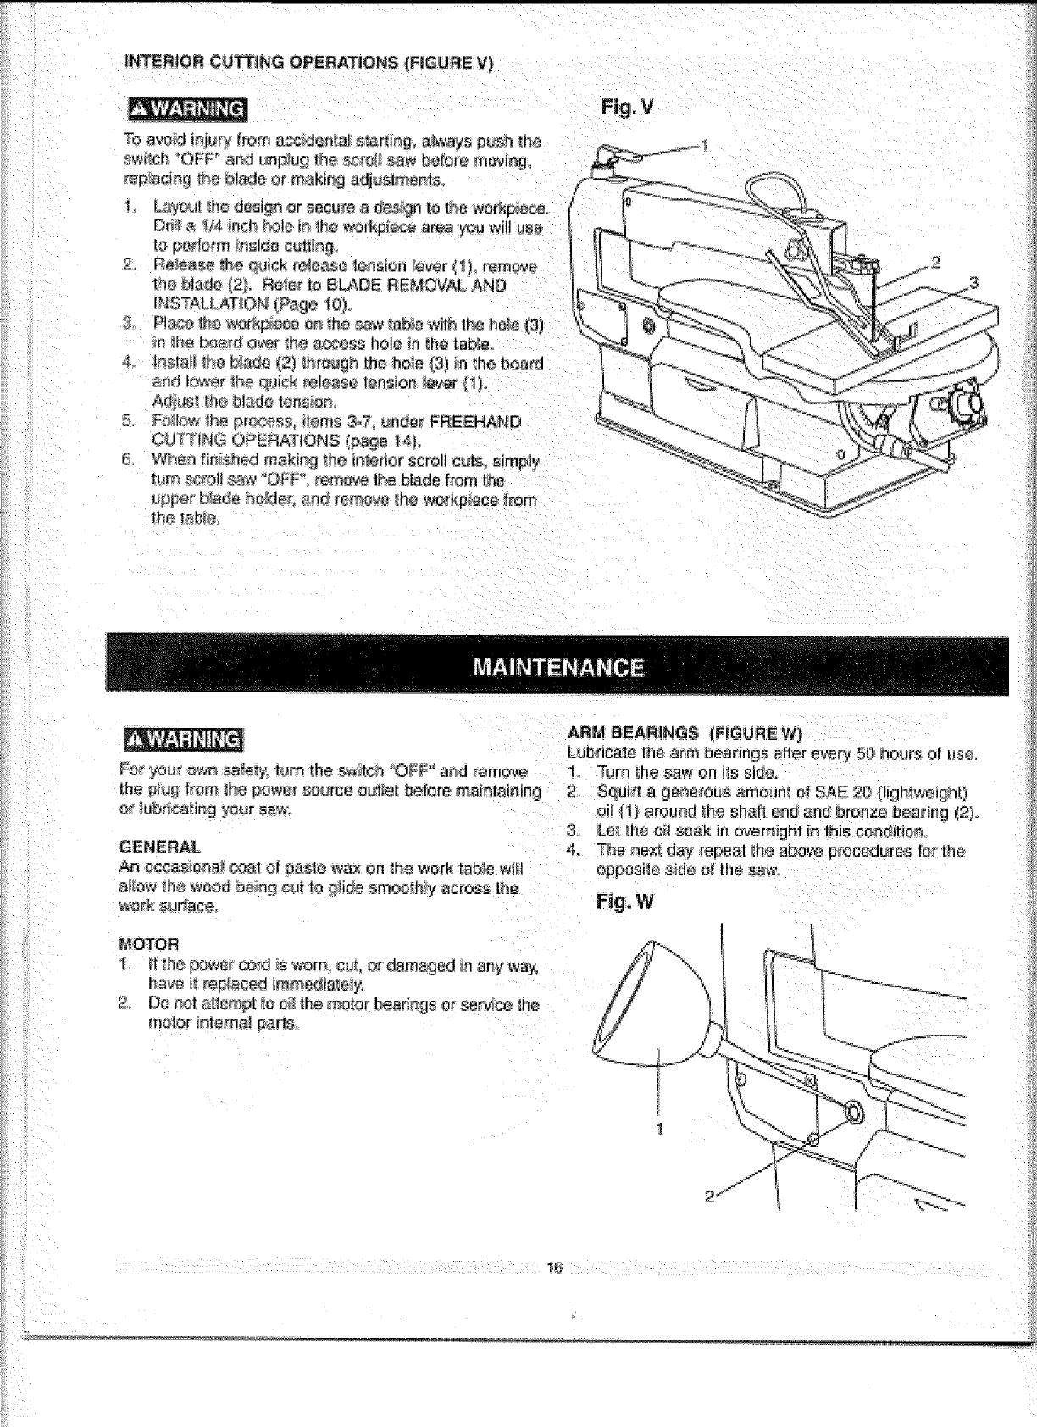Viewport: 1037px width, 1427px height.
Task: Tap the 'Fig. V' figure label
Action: click(x=626, y=108)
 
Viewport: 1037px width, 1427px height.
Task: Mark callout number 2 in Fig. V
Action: click(x=936, y=261)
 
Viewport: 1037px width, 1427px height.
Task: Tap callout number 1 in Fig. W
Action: click(x=660, y=1129)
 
